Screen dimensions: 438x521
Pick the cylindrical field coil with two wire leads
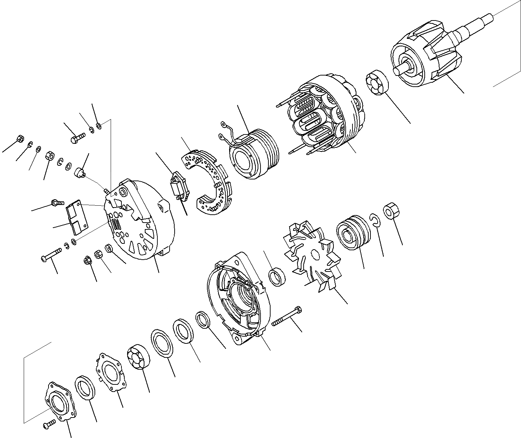[253, 155]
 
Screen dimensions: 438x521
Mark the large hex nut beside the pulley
[390, 211]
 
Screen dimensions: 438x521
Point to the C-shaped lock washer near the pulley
[374, 220]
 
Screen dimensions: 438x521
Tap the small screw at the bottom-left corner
[48, 425]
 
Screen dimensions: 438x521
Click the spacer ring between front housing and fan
[277, 277]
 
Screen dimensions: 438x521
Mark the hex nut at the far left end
[20, 139]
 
